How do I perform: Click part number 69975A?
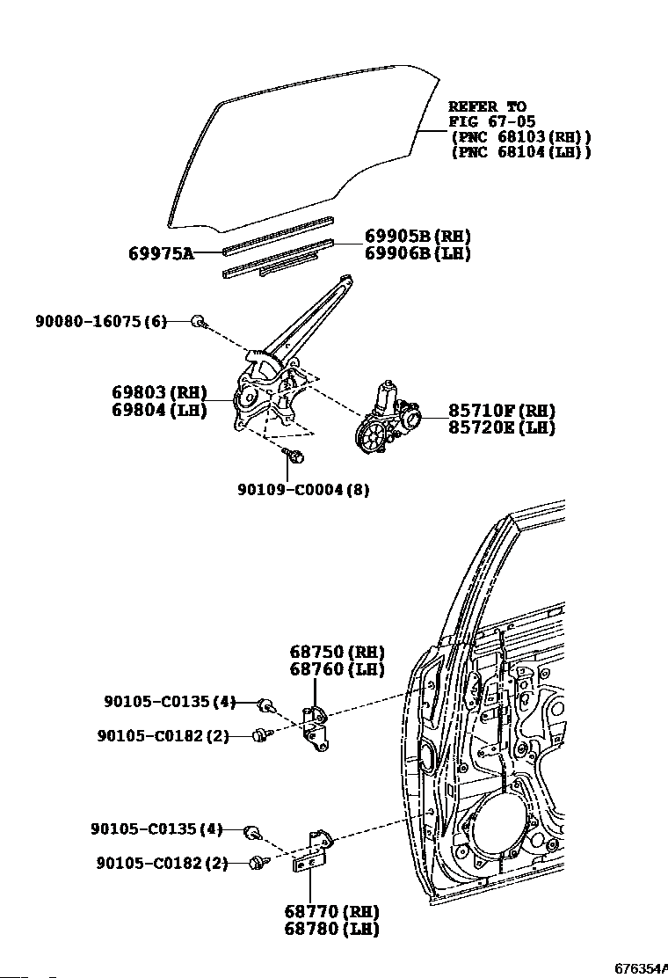[161, 253]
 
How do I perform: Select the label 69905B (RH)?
[417, 236]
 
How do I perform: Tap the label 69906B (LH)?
[417, 253]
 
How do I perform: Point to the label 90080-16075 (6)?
[100, 322]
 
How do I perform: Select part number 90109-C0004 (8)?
[302, 490]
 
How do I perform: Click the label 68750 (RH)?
[337, 652]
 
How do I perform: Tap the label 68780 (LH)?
[331, 929]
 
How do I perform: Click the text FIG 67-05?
[491, 121]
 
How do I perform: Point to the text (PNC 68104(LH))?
[519, 152]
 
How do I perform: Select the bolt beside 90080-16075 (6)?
[199, 322]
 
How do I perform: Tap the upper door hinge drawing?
[315, 729]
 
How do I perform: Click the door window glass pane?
[299, 141]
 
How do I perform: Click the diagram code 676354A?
[640, 968]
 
